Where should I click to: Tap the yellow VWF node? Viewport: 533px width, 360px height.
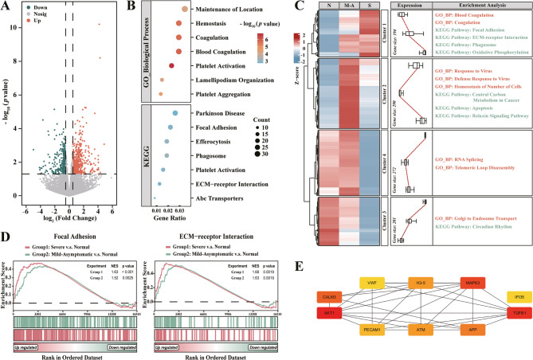point(371,283)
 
